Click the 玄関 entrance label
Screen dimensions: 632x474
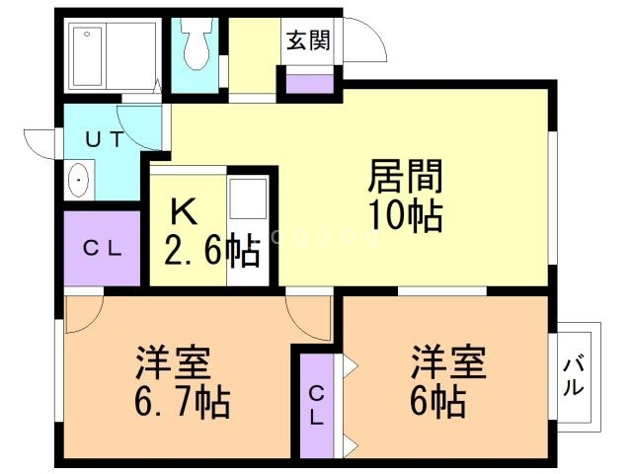click(308, 40)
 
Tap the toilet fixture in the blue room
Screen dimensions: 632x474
click(197, 43)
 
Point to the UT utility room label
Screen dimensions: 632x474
click(104, 139)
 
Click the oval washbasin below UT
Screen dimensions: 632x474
click(79, 180)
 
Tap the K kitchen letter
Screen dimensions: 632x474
click(184, 212)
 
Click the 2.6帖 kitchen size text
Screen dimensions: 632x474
click(211, 251)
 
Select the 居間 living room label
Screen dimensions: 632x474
click(405, 176)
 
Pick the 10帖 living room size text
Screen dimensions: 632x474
click(406, 216)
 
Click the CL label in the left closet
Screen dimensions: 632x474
click(103, 249)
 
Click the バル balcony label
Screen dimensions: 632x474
click(573, 376)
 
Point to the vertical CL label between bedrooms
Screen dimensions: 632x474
click(317, 406)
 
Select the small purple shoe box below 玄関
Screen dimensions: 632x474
click(310, 84)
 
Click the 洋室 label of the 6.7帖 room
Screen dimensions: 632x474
click(173, 362)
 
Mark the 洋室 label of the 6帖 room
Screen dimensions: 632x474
click(448, 361)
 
